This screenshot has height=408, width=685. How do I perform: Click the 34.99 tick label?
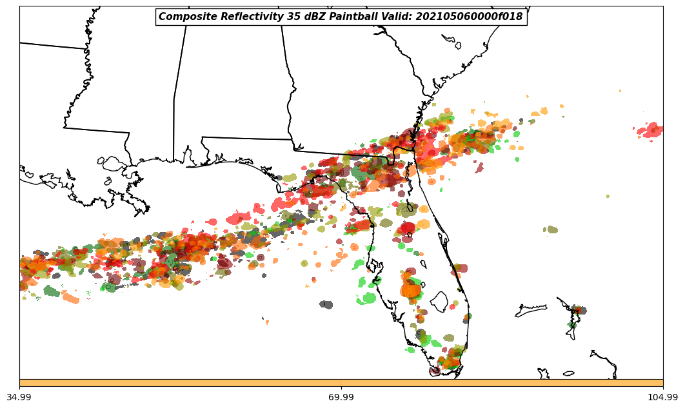[x=20, y=397]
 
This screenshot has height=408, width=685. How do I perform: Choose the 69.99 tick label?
[x=341, y=397]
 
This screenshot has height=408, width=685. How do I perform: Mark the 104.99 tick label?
[x=662, y=397]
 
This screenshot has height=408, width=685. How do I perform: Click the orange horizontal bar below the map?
[x=341, y=383]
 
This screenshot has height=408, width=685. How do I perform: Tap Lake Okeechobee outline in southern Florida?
[x=439, y=301]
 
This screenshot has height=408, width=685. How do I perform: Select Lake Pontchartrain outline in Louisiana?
[x=113, y=164]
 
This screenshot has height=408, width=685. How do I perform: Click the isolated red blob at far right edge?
[x=651, y=130]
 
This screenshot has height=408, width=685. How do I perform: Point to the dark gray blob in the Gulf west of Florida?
[x=326, y=304]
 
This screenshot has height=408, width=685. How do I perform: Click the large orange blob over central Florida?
[x=410, y=289]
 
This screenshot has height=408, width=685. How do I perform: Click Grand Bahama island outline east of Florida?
[x=530, y=311]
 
